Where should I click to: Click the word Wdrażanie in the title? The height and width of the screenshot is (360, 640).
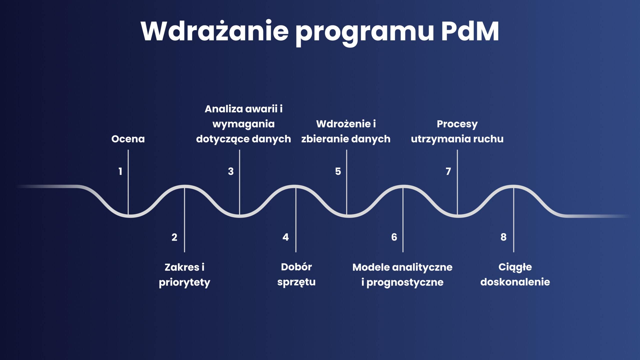click(215, 31)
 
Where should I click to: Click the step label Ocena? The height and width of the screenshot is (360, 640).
click(128, 139)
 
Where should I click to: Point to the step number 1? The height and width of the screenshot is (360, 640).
click(120, 171)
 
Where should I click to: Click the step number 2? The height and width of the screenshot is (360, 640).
click(174, 237)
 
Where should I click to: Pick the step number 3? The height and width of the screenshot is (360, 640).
click(231, 171)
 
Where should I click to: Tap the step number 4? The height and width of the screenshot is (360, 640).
click(285, 237)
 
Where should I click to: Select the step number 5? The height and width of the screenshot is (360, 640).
click(338, 171)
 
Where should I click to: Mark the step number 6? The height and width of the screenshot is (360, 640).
click(394, 237)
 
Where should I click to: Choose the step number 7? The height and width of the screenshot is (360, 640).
click(448, 171)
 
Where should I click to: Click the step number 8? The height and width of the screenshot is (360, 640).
click(503, 237)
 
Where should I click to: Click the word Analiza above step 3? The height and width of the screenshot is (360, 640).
click(224, 109)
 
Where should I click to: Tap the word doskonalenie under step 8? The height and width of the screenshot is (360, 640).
click(515, 282)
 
